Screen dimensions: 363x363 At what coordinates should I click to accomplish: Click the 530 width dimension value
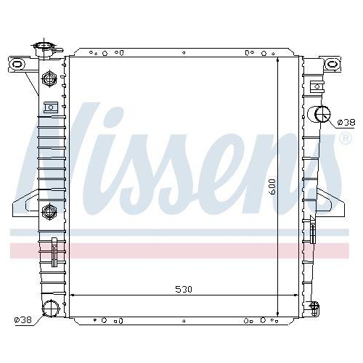click(x=184, y=289)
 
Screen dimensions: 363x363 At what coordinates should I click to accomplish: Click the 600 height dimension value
click(x=272, y=187)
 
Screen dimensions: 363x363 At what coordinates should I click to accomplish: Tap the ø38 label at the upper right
click(x=346, y=123)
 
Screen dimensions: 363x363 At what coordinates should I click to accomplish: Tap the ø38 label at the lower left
click(x=23, y=320)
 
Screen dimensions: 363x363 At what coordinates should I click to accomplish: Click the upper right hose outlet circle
click(x=322, y=114)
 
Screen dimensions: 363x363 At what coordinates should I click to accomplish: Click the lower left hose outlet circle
click(x=51, y=309)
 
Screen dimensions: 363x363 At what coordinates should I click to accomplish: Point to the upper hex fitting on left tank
click(x=49, y=78)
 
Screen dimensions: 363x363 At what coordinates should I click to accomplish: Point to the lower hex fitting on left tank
click(x=49, y=211)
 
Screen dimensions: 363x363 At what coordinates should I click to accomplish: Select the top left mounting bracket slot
click(x=17, y=64)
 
